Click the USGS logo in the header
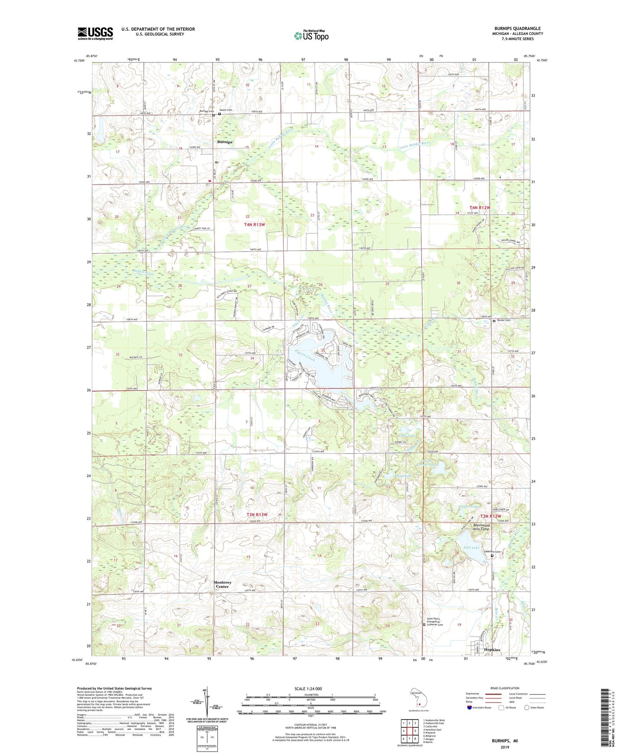[x=95, y=33]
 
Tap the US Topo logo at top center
[x=311, y=35]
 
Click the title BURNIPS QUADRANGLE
[x=517, y=29]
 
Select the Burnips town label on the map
[x=225, y=142]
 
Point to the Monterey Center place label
[x=223, y=585]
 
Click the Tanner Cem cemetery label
[x=503, y=320]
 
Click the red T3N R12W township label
[x=490, y=516]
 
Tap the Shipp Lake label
[x=402, y=476]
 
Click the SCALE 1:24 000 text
[x=308, y=689]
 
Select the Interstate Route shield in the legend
[x=470, y=708]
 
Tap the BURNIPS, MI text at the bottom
[x=504, y=741]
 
